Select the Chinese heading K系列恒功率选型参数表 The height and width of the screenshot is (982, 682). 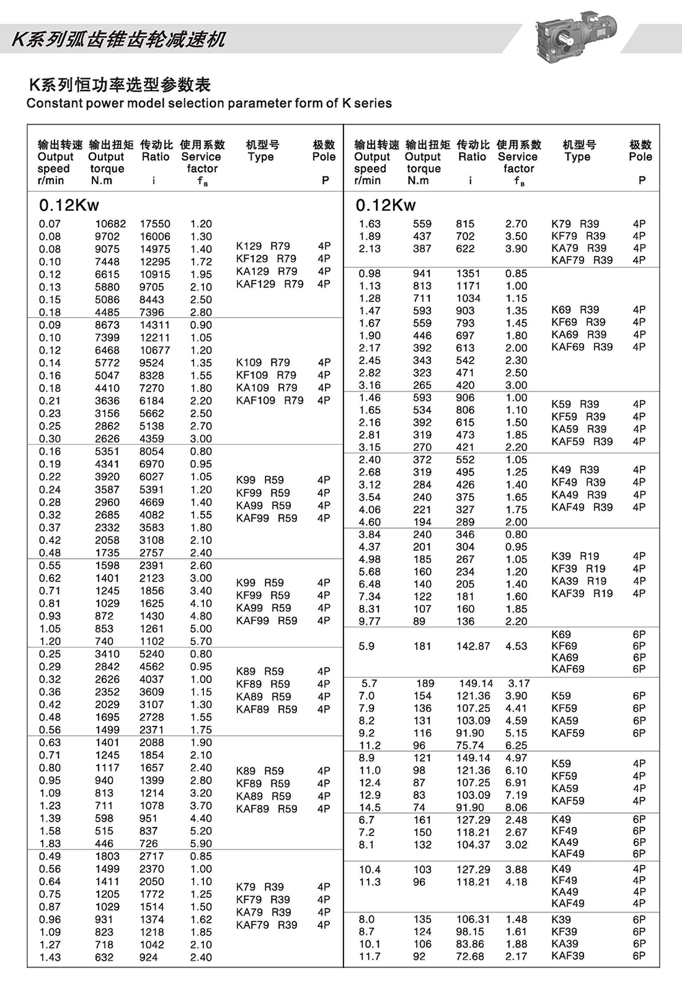click(x=120, y=84)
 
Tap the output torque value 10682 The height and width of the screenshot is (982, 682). click(x=110, y=224)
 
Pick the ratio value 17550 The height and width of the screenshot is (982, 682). click(x=155, y=224)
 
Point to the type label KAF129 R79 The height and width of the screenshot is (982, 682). click(x=270, y=284)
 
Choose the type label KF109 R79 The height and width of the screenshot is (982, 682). click(x=266, y=375)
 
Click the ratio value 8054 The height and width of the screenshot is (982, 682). click(x=152, y=452)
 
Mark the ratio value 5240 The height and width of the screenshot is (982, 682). click(x=152, y=654)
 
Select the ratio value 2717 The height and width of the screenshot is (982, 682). click(x=152, y=856)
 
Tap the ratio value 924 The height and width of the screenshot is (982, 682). click(x=149, y=957)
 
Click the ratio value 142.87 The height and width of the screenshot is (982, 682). click(x=473, y=646)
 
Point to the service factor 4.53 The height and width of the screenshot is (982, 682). click(x=516, y=646)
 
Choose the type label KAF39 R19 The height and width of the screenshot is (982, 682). click(x=582, y=594)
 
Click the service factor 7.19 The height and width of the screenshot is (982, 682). click(x=516, y=795)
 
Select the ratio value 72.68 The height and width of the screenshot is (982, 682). click(x=470, y=957)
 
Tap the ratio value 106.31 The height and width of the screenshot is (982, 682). click(x=473, y=919)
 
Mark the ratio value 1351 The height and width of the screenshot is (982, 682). click(x=468, y=274)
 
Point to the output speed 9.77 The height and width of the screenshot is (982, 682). click(x=370, y=622)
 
